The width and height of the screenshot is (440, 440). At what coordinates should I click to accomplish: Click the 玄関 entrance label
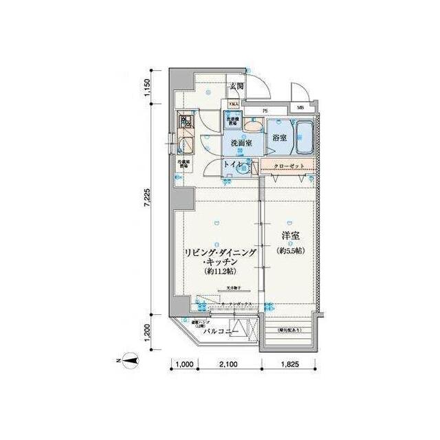click(x=237, y=86)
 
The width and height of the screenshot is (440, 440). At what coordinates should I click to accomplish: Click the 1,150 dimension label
click(x=146, y=91)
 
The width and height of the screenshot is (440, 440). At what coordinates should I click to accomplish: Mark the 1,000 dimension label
click(x=182, y=364)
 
